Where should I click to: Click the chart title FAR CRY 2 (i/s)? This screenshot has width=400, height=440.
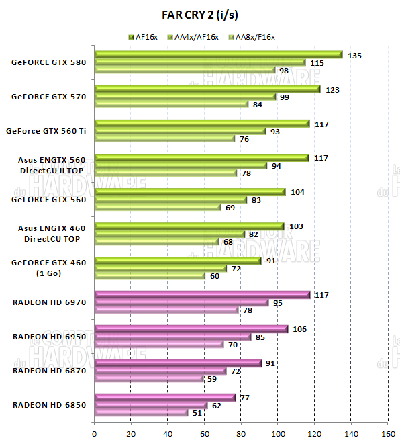199,14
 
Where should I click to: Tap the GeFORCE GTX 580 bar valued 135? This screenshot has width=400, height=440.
218,55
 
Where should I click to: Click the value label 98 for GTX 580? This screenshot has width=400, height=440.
285,70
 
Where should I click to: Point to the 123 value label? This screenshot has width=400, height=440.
331,89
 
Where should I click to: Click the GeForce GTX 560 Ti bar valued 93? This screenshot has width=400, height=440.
180,131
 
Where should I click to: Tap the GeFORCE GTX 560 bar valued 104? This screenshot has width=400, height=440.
190,192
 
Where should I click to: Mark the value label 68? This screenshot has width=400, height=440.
230,241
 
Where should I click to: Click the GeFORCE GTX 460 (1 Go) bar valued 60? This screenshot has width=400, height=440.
150,275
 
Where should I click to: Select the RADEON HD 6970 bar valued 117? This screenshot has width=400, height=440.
202,295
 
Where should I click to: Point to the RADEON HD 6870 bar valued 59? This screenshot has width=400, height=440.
148,378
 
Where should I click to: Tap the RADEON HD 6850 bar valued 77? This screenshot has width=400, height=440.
165,398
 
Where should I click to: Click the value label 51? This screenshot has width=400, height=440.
199,412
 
